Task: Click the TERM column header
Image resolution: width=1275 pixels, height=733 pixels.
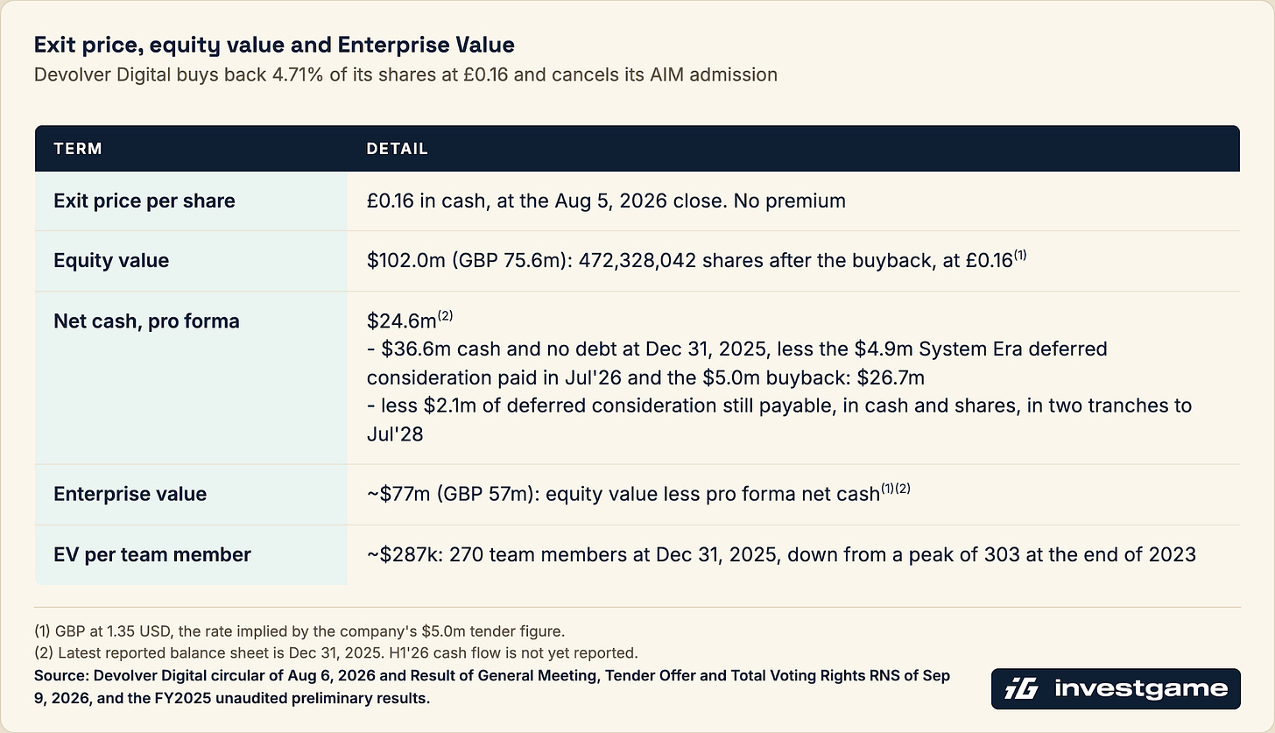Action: [x=78, y=149]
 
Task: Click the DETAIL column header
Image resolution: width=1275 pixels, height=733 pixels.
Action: [x=398, y=149]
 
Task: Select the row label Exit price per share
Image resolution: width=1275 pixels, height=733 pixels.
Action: [x=144, y=201]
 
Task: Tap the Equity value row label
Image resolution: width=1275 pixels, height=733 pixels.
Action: [x=111, y=261]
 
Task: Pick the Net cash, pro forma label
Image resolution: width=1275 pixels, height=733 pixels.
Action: [x=146, y=321]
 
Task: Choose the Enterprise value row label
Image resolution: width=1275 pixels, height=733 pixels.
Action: [x=130, y=494]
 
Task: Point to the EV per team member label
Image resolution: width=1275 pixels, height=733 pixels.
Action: [x=152, y=554]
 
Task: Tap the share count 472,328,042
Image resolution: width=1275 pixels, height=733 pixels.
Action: [x=637, y=261]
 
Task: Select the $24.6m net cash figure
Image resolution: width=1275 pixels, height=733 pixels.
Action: [x=401, y=321]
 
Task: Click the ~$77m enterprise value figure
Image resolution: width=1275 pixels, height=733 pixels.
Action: [x=398, y=494]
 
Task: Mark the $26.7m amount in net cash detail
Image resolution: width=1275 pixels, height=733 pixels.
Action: [x=891, y=377]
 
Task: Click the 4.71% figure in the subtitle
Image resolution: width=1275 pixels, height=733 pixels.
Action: [x=297, y=74]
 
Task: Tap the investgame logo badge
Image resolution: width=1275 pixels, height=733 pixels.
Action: [x=1116, y=688]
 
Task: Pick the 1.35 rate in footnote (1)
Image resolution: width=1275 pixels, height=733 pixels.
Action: [x=121, y=631]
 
